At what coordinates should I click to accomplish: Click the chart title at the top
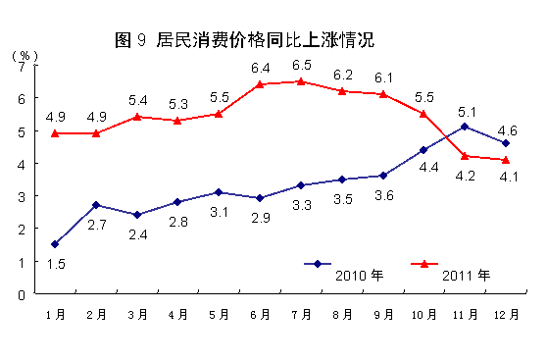pos(244,40)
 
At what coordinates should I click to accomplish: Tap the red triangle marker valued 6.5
pos(300,81)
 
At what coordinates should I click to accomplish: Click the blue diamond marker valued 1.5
pos(55,244)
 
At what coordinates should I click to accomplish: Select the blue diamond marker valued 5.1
pos(464,127)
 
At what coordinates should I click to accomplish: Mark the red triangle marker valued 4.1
pos(505,160)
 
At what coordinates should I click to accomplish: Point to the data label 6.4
pos(260,68)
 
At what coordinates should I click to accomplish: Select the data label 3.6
pos(382,195)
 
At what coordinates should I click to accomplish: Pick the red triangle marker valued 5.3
pos(177,121)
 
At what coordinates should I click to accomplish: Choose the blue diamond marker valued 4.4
pos(423,150)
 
